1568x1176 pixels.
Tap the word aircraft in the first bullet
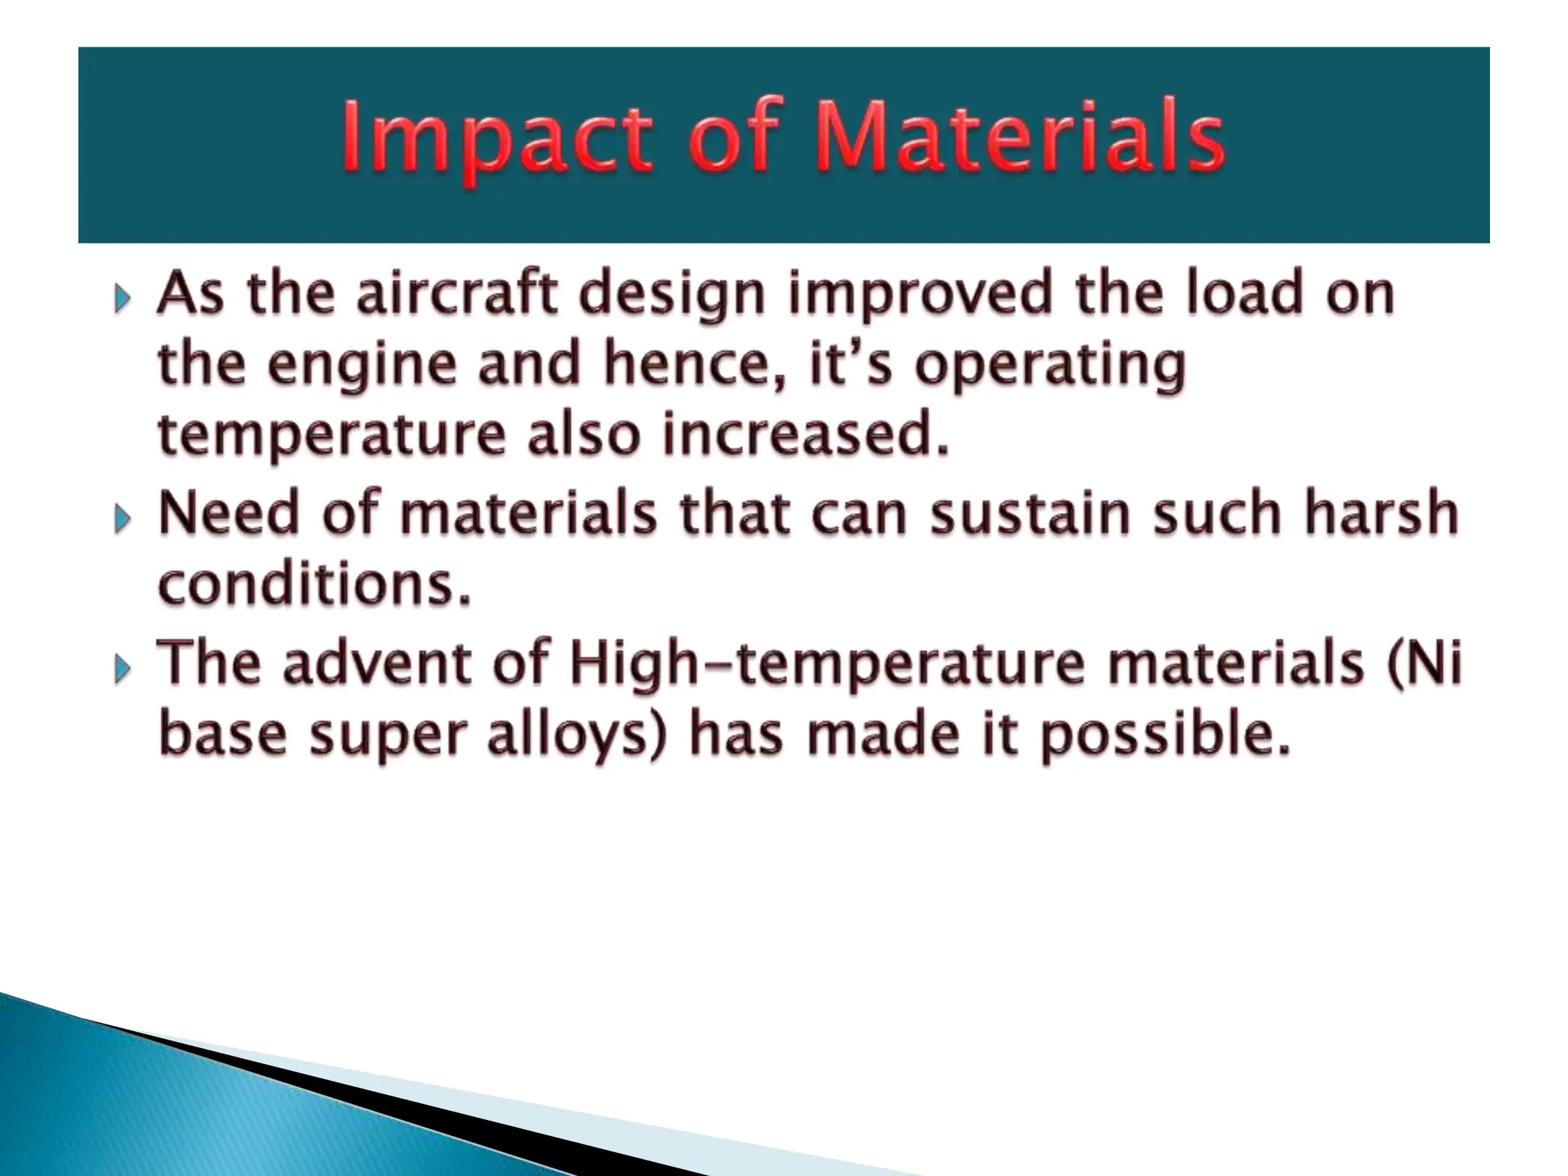[457, 295]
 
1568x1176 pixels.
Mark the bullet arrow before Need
[122, 521]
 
